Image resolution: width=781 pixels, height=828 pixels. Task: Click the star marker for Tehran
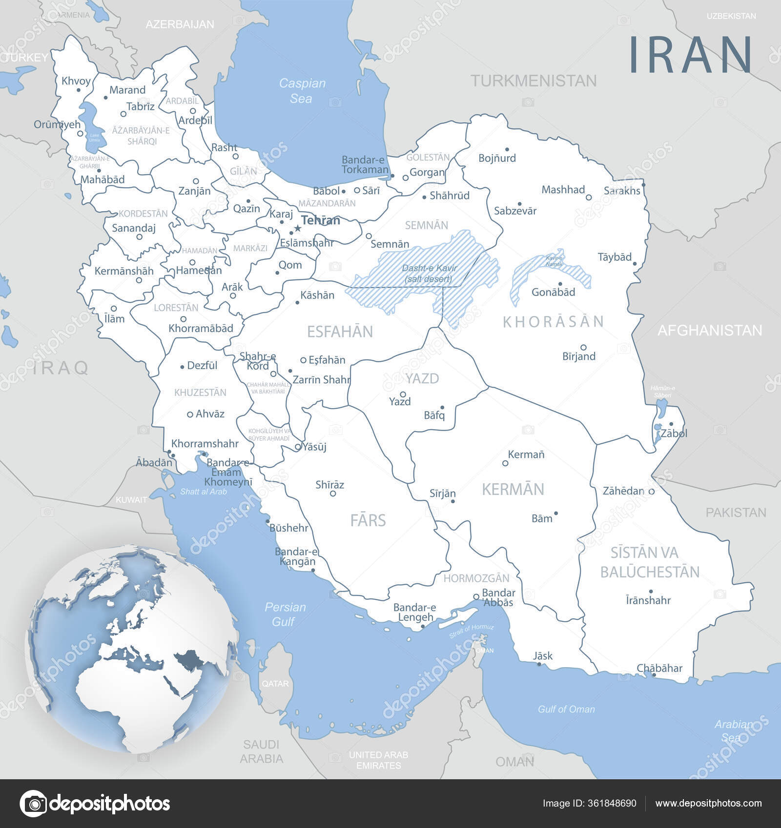point(297,228)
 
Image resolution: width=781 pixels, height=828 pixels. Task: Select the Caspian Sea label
point(302,91)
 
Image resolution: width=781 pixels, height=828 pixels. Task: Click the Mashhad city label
point(563,190)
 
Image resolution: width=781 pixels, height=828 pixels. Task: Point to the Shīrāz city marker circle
point(333,493)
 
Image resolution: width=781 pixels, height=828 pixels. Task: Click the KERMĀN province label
point(513,489)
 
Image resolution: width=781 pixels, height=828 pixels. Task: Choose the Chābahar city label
point(659,668)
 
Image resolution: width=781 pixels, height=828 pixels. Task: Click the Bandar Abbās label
point(498,597)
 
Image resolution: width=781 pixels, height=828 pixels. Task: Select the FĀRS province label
point(368,520)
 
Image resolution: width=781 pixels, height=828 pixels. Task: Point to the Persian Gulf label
point(285,614)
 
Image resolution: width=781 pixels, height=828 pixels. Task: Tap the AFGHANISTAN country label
point(709,330)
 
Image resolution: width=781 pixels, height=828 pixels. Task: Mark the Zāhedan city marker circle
point(651,492)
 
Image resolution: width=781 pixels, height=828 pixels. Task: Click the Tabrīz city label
point(141,106)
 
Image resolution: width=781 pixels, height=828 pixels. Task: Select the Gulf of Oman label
point(566,709)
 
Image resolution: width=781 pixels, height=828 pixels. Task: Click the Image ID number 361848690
point(589,803)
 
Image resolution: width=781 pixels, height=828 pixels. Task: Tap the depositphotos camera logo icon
point(34,803)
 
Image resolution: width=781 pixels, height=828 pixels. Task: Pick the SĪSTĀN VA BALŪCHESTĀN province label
point(649,562)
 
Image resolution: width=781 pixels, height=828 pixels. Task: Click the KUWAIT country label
point(131,500)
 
